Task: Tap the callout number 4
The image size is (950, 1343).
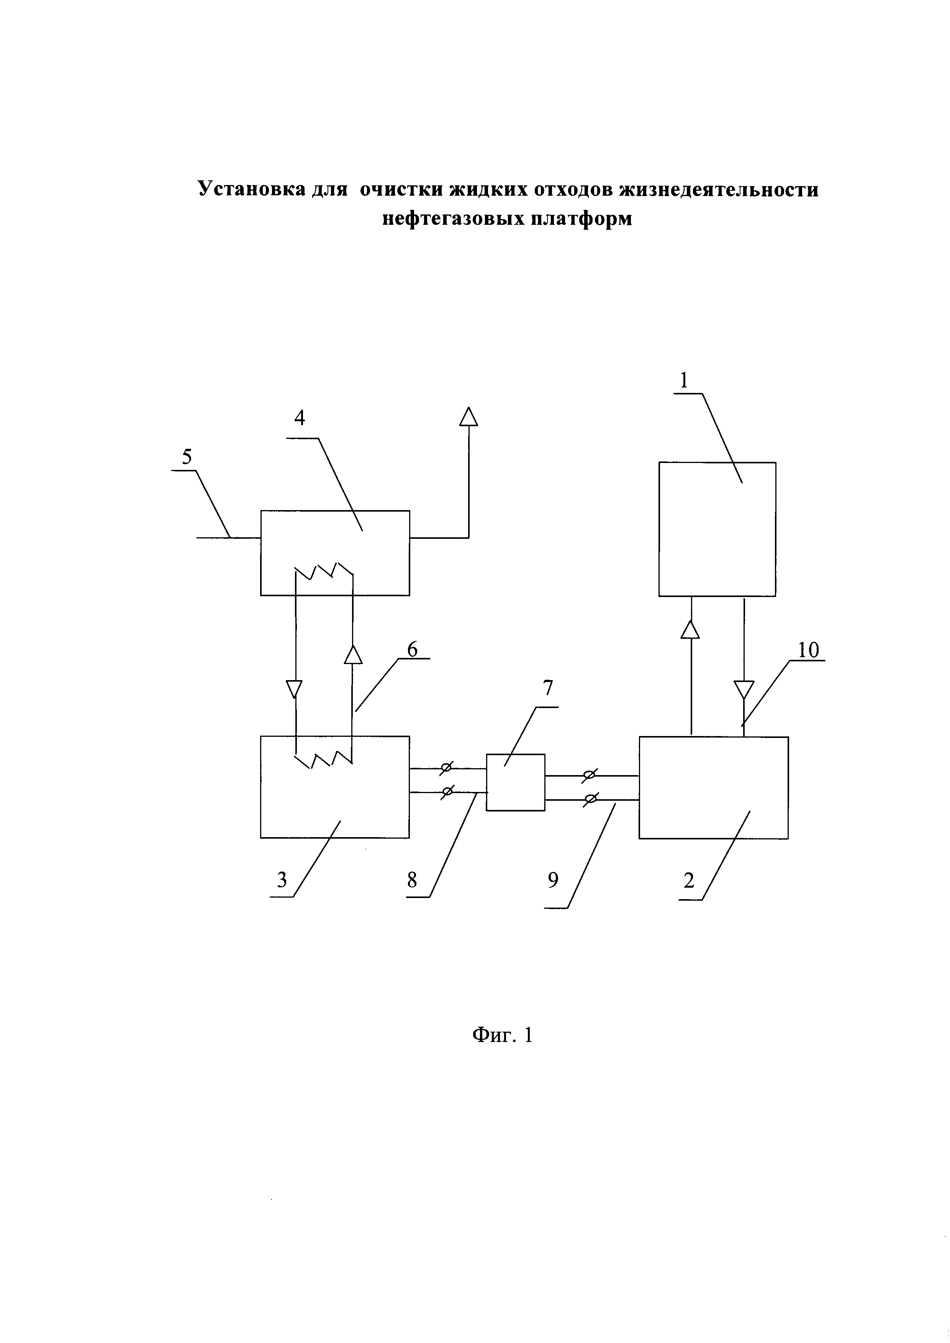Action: [x=300, y=418]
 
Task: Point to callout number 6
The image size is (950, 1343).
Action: [x=413, y=649]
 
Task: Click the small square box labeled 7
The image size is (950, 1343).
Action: [x=515, y=782]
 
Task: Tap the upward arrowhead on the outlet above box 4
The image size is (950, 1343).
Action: [x=468, y=417]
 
